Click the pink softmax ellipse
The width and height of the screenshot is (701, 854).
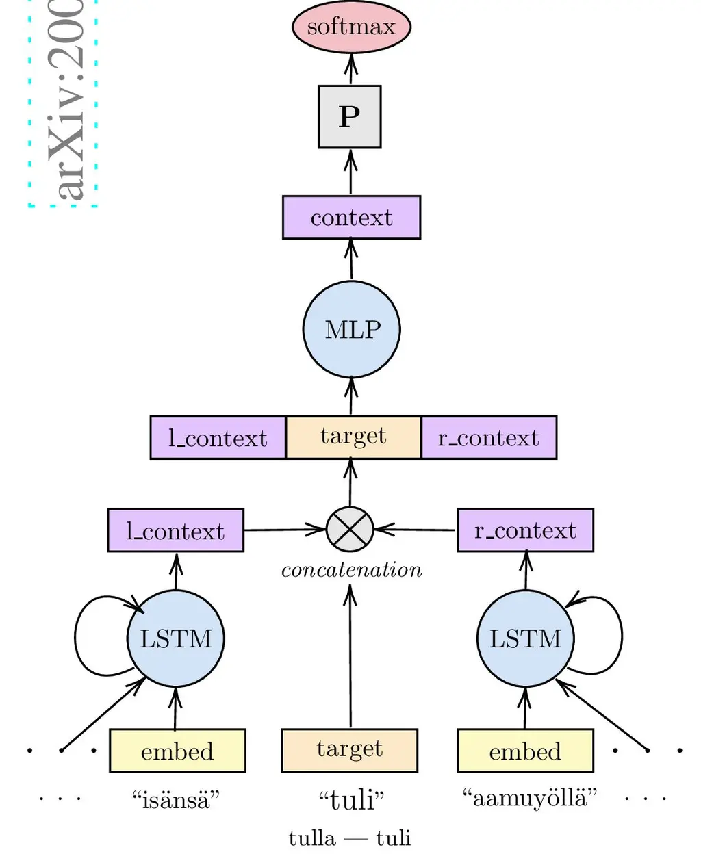point(351,27)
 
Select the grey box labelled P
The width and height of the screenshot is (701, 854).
point(349,117)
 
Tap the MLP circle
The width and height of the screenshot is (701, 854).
point(352,329)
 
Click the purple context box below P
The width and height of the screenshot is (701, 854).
point(351,218)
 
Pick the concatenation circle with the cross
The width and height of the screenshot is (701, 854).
point(350,530)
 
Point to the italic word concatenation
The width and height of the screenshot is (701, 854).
point(351,570)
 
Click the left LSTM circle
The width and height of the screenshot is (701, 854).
point(176,638)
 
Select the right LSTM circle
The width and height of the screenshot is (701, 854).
point(525,638)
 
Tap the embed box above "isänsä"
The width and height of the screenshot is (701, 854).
point(177,751)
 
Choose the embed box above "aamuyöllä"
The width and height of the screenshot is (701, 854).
point(525,751)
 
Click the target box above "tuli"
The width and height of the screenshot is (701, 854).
point(350,750)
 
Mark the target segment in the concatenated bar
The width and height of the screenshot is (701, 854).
point(353,437)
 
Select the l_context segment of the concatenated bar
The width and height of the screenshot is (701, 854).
point(218,437)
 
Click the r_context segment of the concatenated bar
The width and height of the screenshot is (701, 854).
point(489,437)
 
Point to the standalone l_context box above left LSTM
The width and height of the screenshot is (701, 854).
point(175,530)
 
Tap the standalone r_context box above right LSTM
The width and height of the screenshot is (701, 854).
point(525,530)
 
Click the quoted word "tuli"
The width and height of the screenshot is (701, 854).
point(351,799)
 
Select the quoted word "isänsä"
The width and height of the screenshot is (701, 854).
point(176,799)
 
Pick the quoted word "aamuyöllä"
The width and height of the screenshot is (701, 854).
point(529,798)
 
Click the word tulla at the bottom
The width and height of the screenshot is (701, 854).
point(312,838)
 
